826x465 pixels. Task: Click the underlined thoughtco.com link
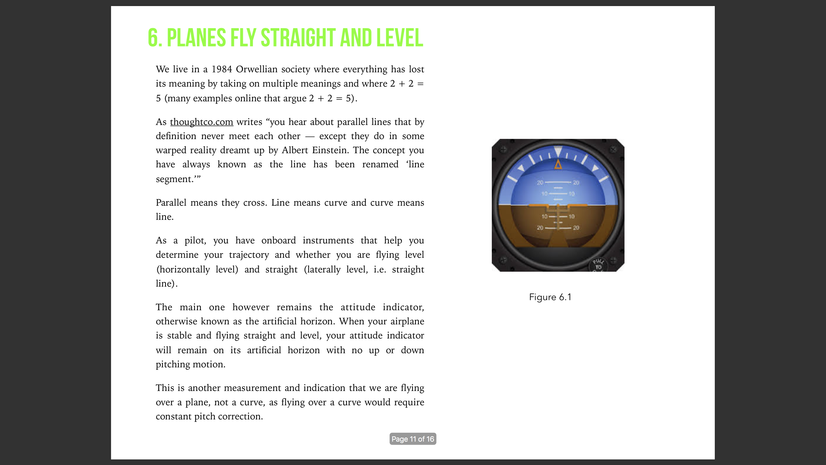click(201, 122)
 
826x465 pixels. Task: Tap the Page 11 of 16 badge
click(413, 439)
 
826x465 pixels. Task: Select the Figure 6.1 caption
click(550, 297)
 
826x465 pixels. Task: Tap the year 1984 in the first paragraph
click(222, 69)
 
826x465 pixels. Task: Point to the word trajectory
click(249, 255)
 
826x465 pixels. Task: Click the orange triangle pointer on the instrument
click(558, 165)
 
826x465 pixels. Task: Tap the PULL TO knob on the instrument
click(598, 265)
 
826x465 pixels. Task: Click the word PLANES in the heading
click(196, 38)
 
